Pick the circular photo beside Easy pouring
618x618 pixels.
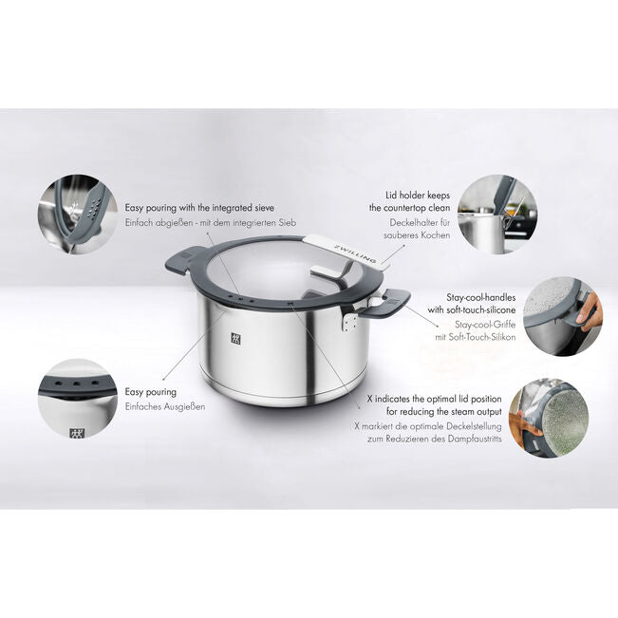click(77, 399)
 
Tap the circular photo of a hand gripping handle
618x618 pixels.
click(562, 316)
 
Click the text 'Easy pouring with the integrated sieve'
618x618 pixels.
click(199, 207)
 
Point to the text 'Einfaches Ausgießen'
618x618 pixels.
click(165, 406)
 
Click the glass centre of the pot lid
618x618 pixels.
click(280, 275)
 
